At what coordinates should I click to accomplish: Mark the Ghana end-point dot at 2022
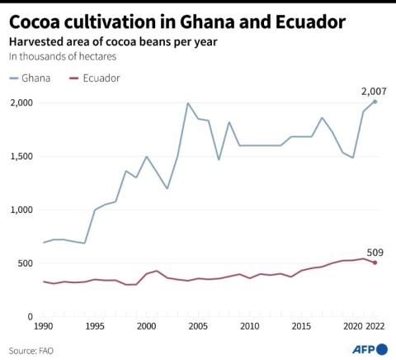click(x=375, y=102)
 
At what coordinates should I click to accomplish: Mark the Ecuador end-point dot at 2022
click(x=375, y=263)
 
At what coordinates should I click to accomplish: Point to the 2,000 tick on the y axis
click(x=22, y=103)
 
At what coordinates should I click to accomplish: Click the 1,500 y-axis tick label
click(x=22, y=157)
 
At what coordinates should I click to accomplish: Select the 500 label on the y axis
click(x=26, y=263)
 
